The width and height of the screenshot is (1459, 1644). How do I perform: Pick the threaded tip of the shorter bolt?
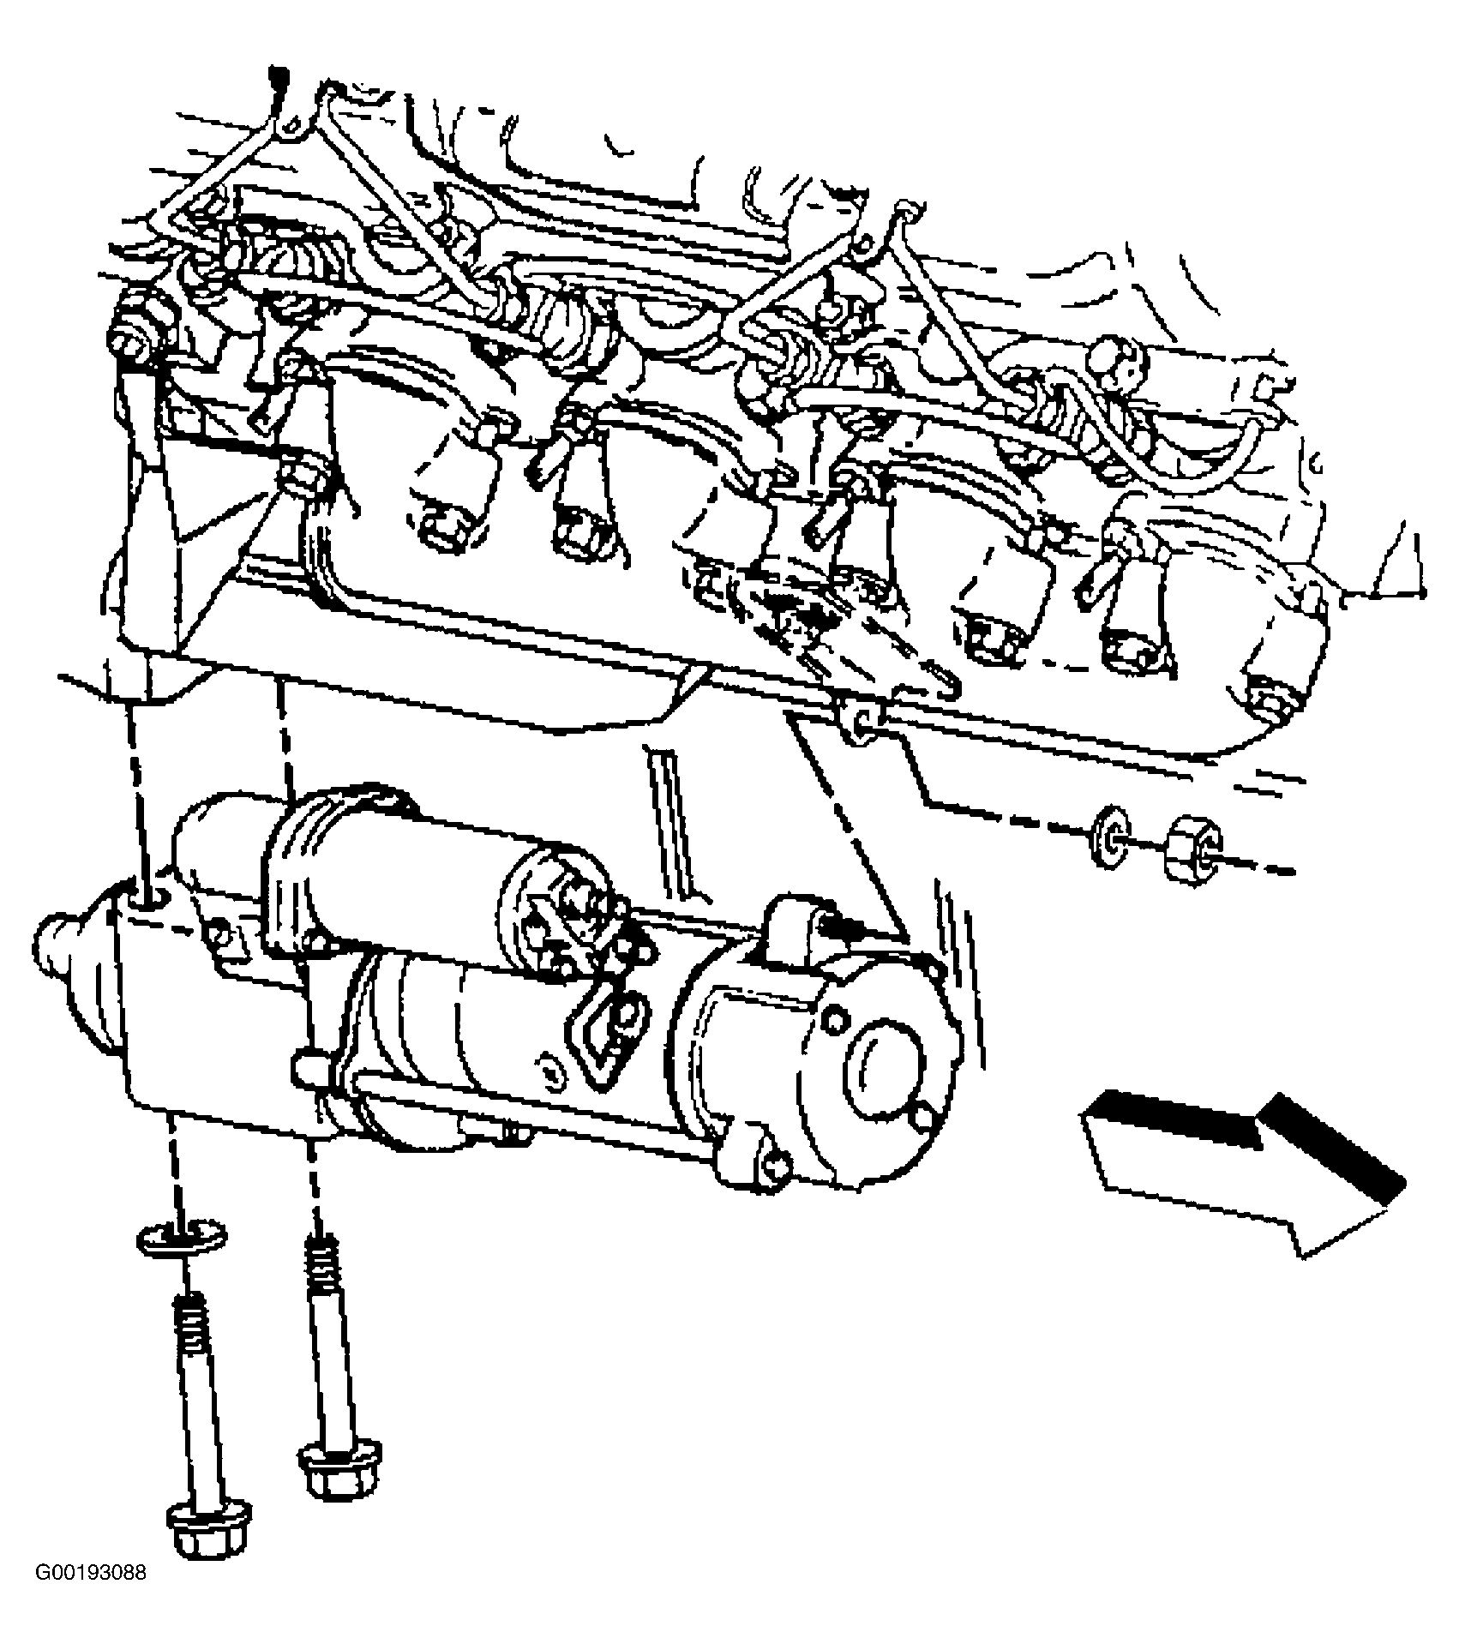pos(324,1260)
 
